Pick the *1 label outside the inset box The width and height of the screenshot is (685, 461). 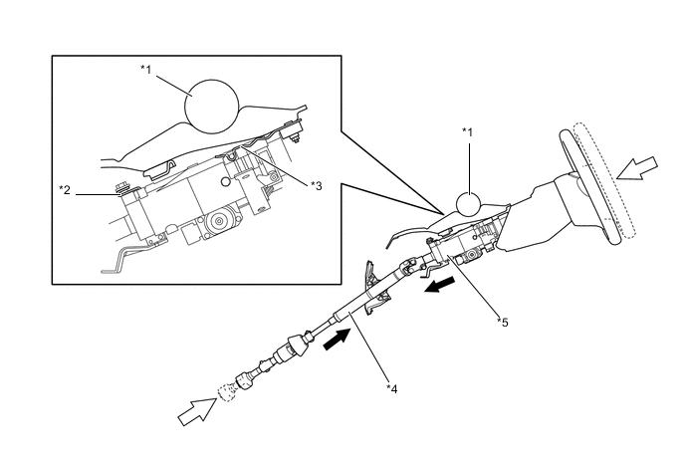(467, 130)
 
